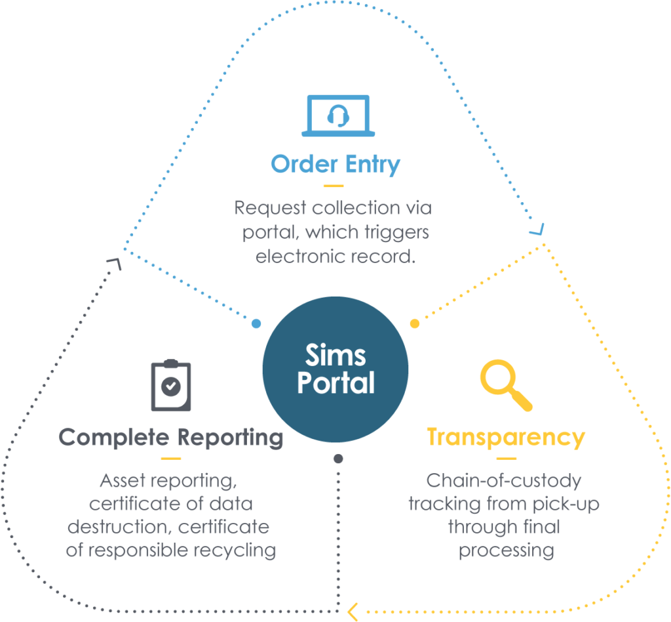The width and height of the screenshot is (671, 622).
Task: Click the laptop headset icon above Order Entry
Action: (338, 116)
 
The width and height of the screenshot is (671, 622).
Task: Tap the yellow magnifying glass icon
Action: (505, 385)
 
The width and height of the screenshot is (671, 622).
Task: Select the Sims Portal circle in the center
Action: (335, 369)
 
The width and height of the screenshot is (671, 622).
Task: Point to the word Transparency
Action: (506, 438)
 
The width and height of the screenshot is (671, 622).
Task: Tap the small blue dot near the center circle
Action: (256, 323)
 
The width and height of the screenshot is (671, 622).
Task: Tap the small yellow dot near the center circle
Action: (414, 323)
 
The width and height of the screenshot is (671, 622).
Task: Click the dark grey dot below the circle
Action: (338, 459)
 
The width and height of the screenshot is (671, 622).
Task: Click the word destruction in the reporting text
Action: (119, 527)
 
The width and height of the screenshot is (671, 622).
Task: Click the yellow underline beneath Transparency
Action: (506, 459)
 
